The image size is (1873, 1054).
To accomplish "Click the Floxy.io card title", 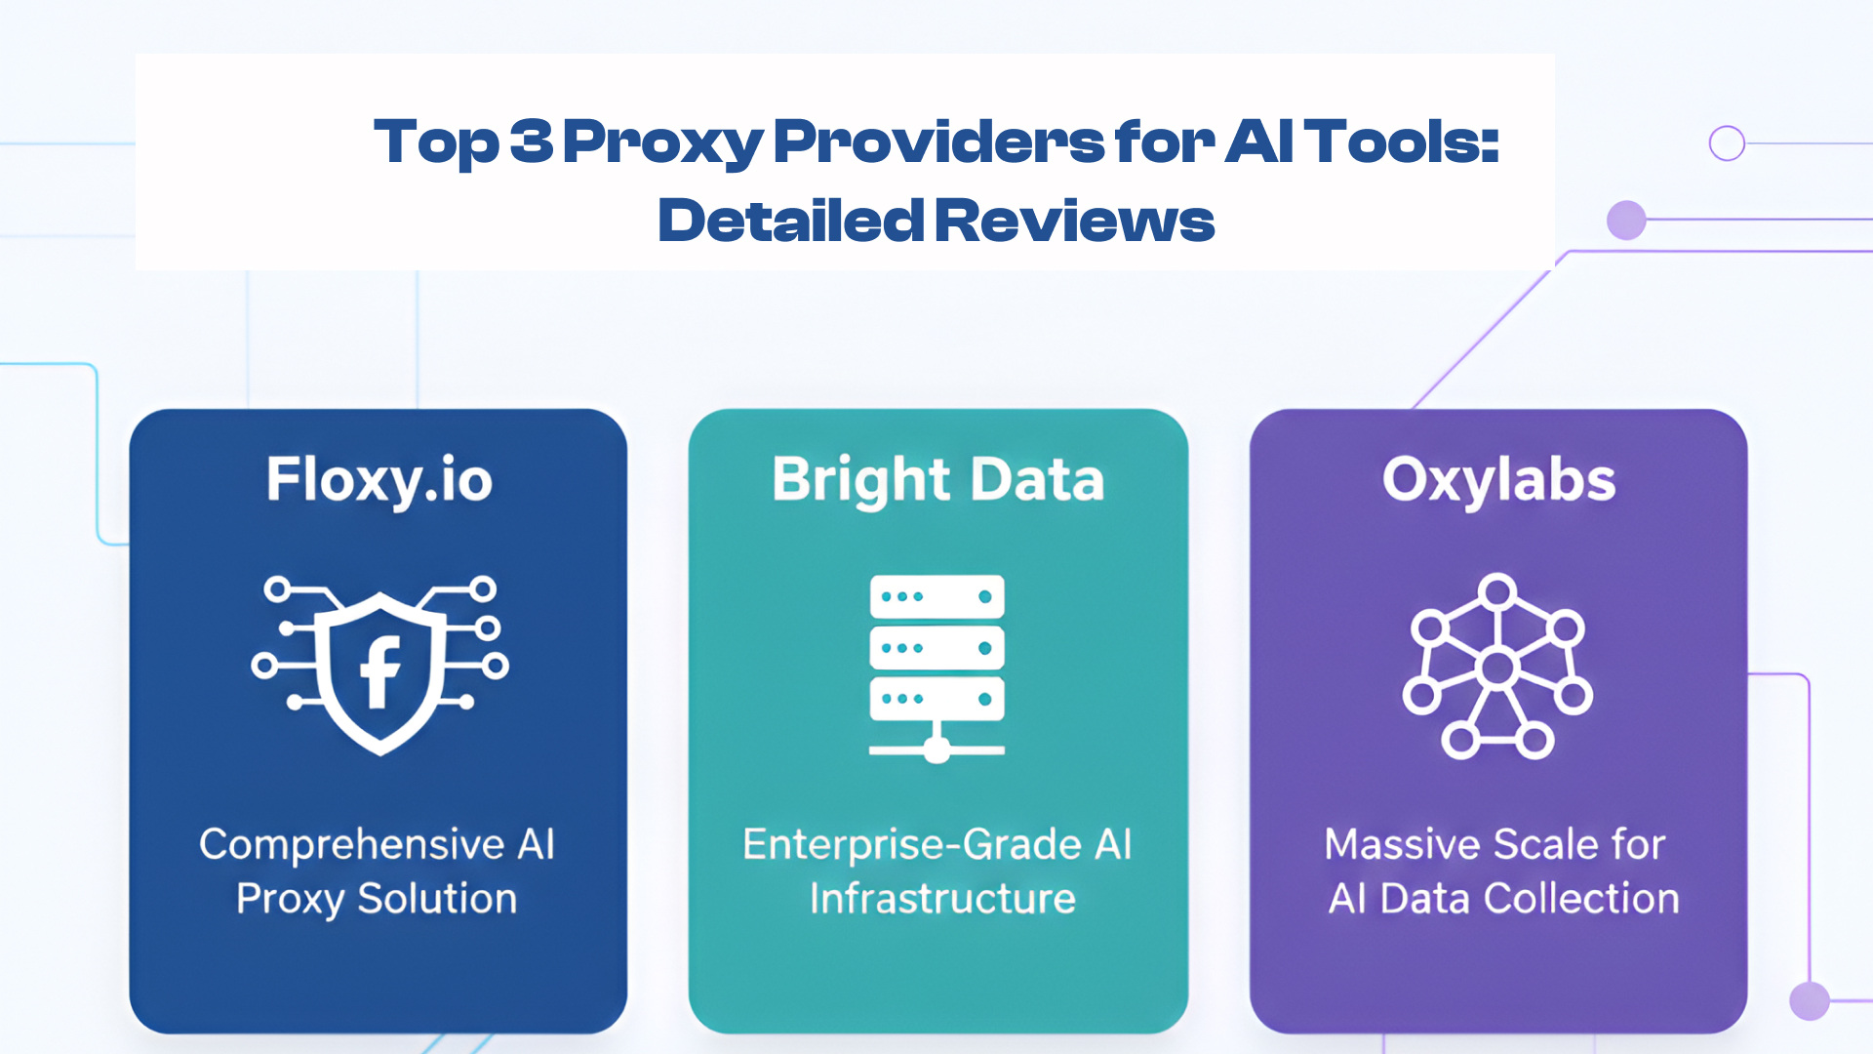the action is [379, 480].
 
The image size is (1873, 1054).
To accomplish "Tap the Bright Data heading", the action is [937, 480].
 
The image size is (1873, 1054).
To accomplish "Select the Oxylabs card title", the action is [1498, 480].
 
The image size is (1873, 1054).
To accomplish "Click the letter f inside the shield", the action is [380, 671].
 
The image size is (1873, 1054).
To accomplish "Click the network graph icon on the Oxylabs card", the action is [1497, 666].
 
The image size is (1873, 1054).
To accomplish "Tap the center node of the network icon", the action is [1496, 669].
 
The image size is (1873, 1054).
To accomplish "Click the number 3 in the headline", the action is [531, 141].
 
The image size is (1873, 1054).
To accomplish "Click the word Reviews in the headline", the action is [1075, 221].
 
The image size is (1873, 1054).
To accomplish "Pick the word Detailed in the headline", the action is [790, 221].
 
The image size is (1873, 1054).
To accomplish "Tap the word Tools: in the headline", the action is [1403, 142].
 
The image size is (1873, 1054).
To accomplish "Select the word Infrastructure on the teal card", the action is [942, 899].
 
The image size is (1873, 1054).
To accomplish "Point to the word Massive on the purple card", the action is [1403, 845].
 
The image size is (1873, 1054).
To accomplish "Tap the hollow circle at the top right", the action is [1727, 143].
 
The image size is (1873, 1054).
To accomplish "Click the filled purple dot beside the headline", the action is [1626, 220].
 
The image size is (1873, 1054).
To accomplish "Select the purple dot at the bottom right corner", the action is [1810, 1001].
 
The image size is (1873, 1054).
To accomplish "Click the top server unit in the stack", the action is [936, 596].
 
